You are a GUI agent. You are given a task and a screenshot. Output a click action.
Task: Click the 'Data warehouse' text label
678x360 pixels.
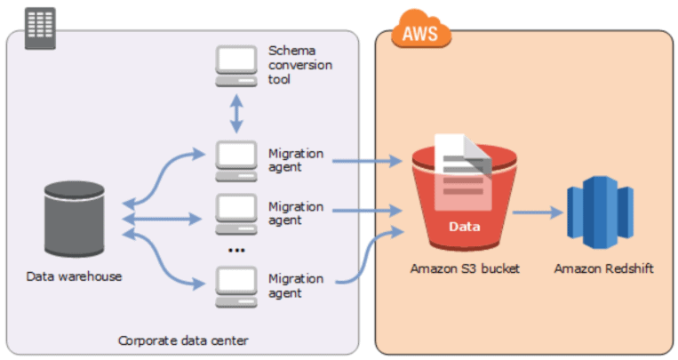click(x=75, y=276)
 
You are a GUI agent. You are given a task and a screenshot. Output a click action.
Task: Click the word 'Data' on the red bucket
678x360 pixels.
click(x=464, y=227)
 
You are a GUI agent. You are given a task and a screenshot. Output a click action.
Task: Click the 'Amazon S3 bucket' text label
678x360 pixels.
click(x=463, y=268)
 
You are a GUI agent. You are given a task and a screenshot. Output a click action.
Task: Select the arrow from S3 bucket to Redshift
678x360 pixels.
click(x=537, y=212)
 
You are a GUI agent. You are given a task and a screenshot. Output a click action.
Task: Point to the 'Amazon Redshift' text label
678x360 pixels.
click(x=603, y=268)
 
